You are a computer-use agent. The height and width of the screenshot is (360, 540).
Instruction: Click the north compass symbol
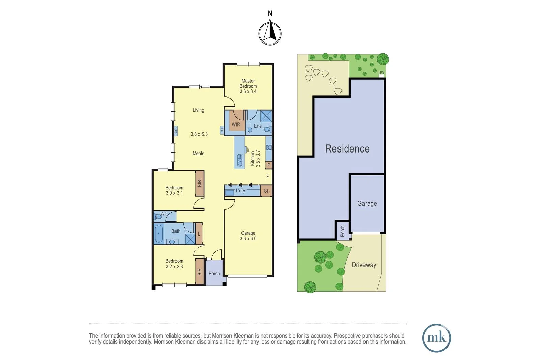(x=270, y=33)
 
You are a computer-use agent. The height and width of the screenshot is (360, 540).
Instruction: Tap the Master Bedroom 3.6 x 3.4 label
(x=248, y=86)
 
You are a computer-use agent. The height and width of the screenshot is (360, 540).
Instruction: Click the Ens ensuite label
(x=258, y=126)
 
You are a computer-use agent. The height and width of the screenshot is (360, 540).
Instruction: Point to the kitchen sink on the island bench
(x=240, y=160)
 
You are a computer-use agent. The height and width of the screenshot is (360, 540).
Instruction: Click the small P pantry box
(x=269, y=165)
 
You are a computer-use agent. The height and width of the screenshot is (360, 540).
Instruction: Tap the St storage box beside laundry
(x=266, y=191)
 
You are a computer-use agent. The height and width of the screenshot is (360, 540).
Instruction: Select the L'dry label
(x=240, y=191)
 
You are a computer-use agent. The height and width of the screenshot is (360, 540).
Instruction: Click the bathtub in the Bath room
(x=159, y=233)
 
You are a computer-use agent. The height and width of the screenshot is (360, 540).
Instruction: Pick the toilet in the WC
(x=158, y=216)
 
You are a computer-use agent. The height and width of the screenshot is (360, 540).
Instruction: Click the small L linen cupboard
(x=199, y=233)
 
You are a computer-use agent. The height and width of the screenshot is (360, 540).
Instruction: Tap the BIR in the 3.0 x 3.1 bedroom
(x=199, y=183)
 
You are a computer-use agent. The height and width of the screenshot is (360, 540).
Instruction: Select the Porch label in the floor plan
(x=214, y=274)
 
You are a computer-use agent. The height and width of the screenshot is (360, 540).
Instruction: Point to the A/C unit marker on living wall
(x=176, y=131)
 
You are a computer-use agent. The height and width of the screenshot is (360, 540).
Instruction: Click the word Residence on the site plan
(x=347, y=149)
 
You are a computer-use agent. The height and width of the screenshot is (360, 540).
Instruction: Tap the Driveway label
(x=364, y=265)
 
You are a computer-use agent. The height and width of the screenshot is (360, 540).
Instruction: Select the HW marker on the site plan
(x=381, y=73)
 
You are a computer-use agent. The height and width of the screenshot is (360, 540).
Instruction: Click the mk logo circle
(x=436, y=338)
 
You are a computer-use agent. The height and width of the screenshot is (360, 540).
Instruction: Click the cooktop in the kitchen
(x=269, y=147)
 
